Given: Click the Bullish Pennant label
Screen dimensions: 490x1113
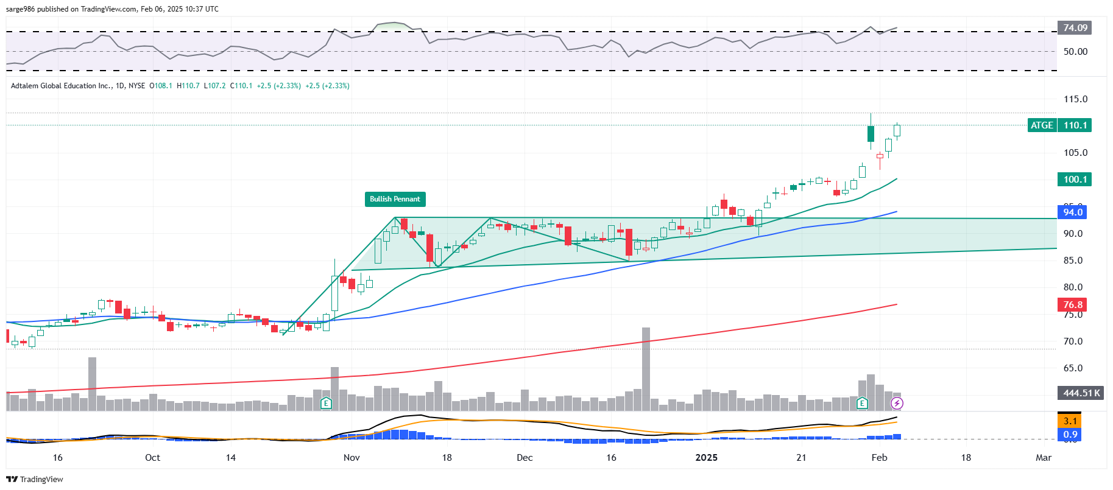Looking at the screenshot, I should (395, 199).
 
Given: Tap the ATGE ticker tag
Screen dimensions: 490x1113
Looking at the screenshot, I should (1042, 125).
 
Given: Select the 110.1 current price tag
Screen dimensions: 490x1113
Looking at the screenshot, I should (1075, 125).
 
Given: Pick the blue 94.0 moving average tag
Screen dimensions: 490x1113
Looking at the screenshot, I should (1073, 212).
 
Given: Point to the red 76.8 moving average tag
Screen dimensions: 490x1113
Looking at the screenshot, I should (1073, 305).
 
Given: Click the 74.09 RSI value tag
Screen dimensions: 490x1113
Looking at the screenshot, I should (1075, 28).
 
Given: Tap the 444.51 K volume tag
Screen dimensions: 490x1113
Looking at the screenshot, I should (1081, 393).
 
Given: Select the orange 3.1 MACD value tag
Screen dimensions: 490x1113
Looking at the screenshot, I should (1070, 421).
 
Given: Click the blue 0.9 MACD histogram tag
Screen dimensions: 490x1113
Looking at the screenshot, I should (1070, 435).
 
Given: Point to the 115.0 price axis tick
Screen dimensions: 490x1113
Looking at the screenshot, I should (1075, 99).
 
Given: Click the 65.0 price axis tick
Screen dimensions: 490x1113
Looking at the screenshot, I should (1073, 368).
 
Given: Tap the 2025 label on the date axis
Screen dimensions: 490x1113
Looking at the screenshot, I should (707, 458).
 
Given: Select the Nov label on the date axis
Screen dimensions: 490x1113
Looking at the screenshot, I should (352, 458).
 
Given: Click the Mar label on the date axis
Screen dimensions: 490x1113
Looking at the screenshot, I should (1044, 458).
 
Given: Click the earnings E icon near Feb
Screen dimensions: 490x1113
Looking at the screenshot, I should (862, 403).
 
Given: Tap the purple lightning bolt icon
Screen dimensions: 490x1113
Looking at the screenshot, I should (897, 403).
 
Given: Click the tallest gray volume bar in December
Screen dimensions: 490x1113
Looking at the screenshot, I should (646, 368).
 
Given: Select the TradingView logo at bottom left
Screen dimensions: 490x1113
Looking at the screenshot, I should (35, 480).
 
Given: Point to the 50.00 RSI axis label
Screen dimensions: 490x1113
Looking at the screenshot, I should (1075, 52).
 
